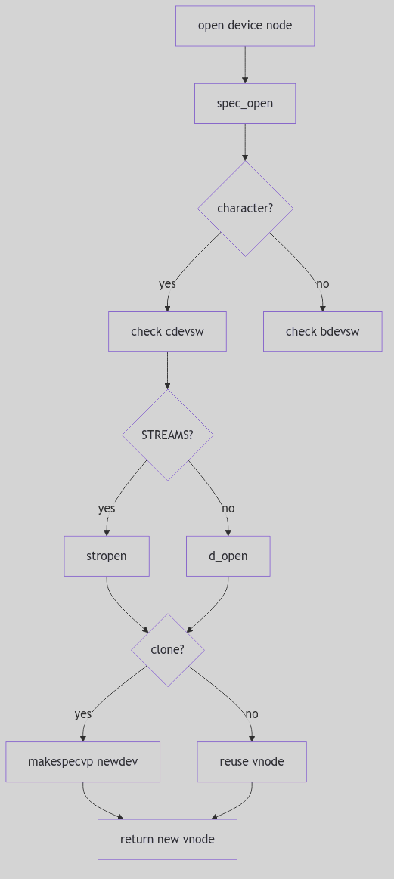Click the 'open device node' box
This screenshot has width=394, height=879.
point(245,26)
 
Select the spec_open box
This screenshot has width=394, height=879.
point(245,103)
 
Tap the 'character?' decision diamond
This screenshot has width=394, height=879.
point(245,208)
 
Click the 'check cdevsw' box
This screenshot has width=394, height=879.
point(167,331)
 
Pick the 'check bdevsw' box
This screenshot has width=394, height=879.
point(322,331)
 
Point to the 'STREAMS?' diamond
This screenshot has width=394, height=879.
point(167,435)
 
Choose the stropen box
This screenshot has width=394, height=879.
point(107,556)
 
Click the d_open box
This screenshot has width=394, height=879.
point(228,556)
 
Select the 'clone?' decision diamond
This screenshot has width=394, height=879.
point(167,649)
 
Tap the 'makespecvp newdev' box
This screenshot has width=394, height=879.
point(82,761)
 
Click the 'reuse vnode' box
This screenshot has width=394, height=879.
point(252,761)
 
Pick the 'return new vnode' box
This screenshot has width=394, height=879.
point(167,839)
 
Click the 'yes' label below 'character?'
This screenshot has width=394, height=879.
point(167,283)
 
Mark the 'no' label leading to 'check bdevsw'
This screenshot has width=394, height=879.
point(322,283)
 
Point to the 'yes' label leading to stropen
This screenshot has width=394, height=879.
point(107,508)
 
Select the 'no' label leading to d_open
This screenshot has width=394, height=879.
point(228,508)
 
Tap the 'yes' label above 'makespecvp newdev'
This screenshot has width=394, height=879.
point(82,713)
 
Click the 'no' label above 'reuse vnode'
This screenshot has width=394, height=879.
point(252,713)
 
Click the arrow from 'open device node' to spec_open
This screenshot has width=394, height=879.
point(245,64)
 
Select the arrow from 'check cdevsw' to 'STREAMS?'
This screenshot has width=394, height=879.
point(167,370)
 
